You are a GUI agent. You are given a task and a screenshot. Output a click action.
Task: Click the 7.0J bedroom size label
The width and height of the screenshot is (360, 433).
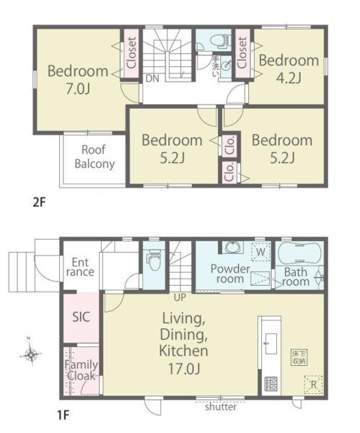click(78, 89)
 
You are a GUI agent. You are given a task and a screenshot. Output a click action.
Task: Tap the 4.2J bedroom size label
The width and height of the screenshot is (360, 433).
click(289, 78)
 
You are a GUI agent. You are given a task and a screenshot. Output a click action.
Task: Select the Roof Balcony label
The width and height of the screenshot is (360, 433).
click(95, 157)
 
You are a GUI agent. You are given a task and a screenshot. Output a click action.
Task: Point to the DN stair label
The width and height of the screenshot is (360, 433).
click(152, 79)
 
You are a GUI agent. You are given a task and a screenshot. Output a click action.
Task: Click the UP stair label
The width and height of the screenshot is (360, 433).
click(180, 297)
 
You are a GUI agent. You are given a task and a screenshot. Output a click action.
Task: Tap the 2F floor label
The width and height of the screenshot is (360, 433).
click(39, 203)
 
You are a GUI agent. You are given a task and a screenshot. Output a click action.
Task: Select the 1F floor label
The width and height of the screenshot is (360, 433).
click(63, 415)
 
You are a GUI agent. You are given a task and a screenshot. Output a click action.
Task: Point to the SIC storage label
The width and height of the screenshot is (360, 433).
click(81, 317)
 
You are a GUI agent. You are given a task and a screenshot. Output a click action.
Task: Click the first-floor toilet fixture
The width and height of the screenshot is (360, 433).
click(154, 260)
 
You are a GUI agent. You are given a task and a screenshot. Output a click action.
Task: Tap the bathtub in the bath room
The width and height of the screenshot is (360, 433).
click(299, 253)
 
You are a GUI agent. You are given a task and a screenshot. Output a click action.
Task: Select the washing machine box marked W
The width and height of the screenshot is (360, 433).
click(260, 252)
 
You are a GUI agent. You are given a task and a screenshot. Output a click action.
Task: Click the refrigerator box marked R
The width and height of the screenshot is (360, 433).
click(313, 385)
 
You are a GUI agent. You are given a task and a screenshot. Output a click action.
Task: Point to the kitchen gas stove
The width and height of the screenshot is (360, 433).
click(271, 384)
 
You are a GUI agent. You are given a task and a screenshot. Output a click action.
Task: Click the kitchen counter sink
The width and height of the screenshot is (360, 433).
click(271, 344)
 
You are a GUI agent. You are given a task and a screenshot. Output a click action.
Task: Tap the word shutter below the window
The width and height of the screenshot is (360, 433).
click(221, 407)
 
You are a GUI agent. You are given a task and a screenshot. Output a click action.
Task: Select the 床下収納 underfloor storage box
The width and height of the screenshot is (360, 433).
click(299, 357)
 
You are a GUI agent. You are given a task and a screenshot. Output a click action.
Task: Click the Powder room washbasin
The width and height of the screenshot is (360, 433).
click(234, 247)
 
